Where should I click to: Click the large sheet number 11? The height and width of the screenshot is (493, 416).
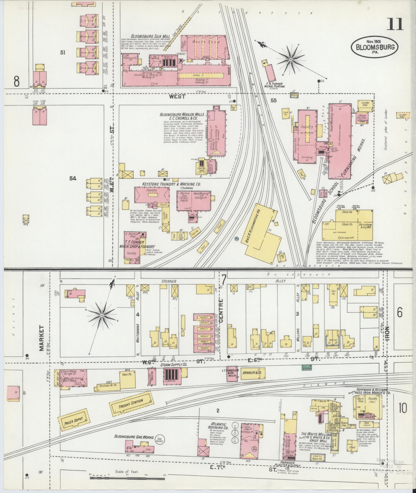pyautogui.click(x=394, y=25)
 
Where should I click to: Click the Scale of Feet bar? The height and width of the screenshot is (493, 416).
pyautogui.click(x=127, y=478)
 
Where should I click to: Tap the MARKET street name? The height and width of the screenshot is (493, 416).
pyautogui.click(x=42, y=338)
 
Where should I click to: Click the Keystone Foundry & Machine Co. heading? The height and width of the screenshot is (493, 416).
pyautogui.click(x=172, y=184)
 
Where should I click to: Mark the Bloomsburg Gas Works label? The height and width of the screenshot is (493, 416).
pyautogui.click(x=134, y=437)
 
